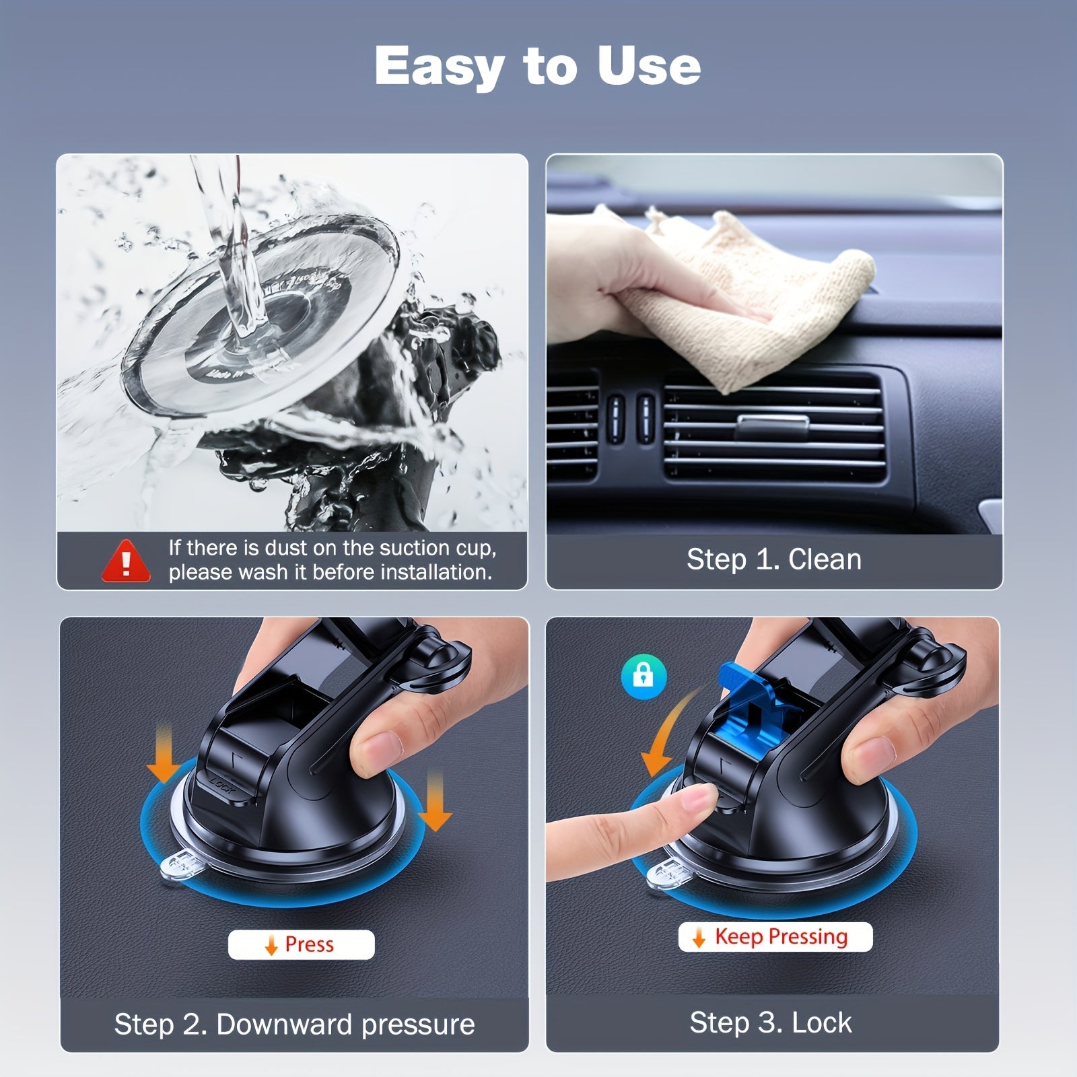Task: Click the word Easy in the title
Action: point(438,67)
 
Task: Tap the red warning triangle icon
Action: point(126,561)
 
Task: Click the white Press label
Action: point(301,944)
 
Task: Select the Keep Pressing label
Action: point(775,937)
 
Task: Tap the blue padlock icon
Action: point(644,675)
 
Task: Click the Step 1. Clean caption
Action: point(773,560)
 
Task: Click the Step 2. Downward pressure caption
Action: point(294,1024)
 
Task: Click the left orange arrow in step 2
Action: point(163,761)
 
